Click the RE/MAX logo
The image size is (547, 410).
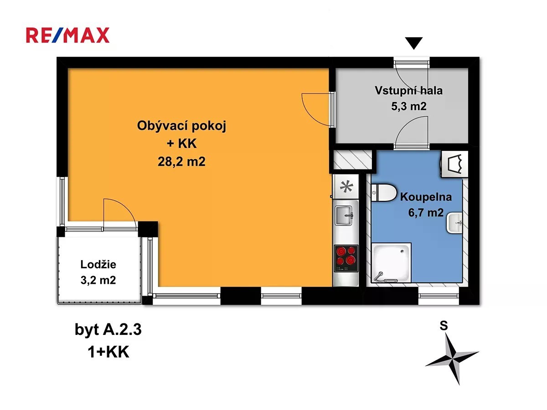click(67, 35)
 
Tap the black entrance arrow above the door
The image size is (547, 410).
click(413, 43)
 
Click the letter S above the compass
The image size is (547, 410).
click(444, 326)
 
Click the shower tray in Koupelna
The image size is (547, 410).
click(391, 263)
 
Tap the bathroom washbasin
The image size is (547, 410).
click(454, 223)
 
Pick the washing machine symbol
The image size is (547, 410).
click(454, 164)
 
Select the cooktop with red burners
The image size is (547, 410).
click(346, 258)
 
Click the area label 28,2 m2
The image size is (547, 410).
click(181, 162)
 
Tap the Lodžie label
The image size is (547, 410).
click(98, 264)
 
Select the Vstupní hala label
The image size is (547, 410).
click(409, 91)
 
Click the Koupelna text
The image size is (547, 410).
click(426, 197)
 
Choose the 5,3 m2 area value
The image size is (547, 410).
click(409, 106)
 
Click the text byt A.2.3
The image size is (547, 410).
click(108, 330)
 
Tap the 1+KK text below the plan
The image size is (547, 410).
click(108, 352)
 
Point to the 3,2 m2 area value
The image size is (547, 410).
click(98, 280)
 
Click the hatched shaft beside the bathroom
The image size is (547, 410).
click(353, 159)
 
